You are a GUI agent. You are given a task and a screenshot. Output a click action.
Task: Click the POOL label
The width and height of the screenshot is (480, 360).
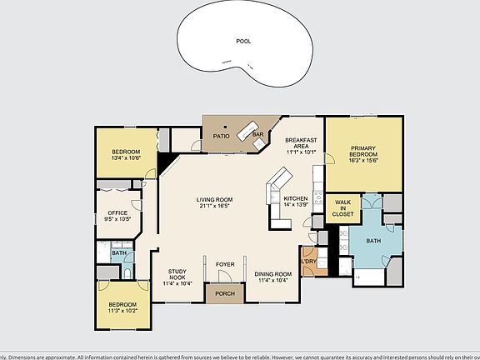tap(243, 40)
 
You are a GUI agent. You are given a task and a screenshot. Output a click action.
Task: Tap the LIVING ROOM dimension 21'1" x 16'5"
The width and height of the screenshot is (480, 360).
tap(214, 206)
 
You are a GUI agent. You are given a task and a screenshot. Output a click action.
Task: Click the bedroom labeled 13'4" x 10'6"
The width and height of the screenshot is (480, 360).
tap(126, 154)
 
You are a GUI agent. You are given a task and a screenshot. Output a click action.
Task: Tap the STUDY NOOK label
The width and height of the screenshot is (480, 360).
tap(177, 277)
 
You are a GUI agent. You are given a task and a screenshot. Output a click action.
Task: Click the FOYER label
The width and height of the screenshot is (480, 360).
tap(225, 265)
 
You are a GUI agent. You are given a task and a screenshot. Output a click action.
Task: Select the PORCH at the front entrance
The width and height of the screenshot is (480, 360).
tap(225, 293)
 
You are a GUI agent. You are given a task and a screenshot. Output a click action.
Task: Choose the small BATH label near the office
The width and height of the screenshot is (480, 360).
tap(119, 253)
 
